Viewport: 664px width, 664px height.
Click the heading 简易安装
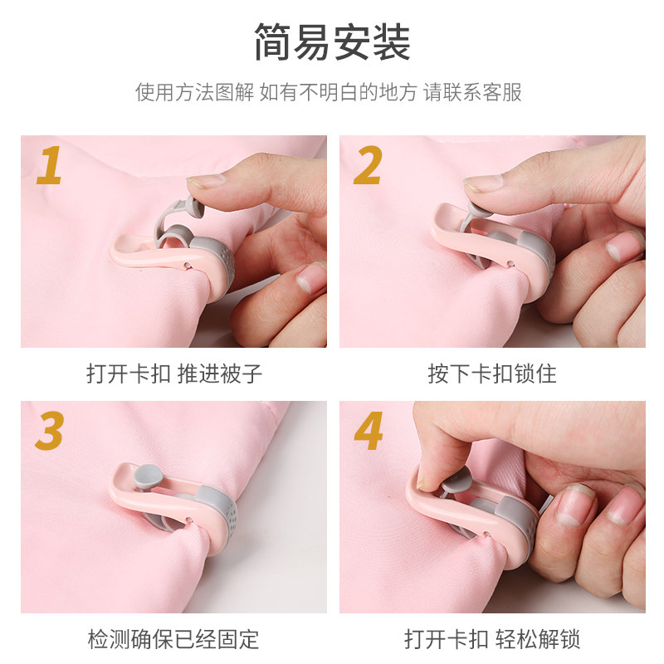pos(333,42)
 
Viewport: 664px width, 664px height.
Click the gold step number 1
pos(50,165)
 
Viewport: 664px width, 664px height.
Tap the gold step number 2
pos(368,165)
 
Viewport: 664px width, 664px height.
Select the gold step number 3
pos(50,431)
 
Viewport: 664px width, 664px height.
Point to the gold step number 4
pos(369,431)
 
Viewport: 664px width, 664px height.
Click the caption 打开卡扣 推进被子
pos(174,373)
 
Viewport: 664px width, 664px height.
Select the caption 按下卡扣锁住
pos(492,373)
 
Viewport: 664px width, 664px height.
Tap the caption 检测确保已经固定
pos(173,639)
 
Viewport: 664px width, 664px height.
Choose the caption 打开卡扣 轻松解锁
pos(492,639)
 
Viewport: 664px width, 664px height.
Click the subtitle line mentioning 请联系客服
pos(328,92)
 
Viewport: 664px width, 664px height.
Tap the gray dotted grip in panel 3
pos(218,508)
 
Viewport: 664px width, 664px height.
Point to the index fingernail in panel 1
pos(206,181)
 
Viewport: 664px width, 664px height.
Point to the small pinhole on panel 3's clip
pos(190,517)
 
